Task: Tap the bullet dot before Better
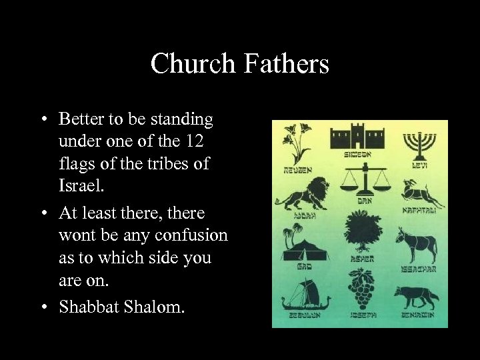(42, 120)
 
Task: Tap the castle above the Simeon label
(358, 138)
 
